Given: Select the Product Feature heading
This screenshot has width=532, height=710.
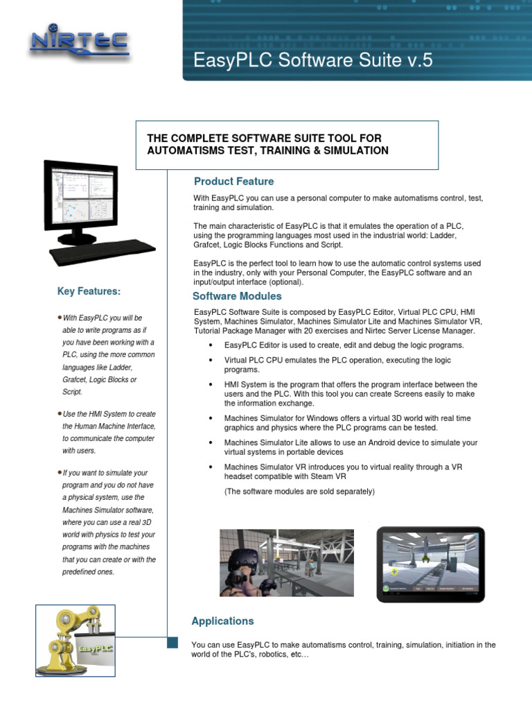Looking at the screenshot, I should click(x=233, y=182).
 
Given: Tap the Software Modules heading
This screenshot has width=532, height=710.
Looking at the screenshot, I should click(x=237, y=296).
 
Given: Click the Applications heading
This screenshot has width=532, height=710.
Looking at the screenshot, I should click(x=222, y=621).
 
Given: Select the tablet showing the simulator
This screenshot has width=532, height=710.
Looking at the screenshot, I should click(x=430, y=564).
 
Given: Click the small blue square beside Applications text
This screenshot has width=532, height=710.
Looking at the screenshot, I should click(x=173, y=643).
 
